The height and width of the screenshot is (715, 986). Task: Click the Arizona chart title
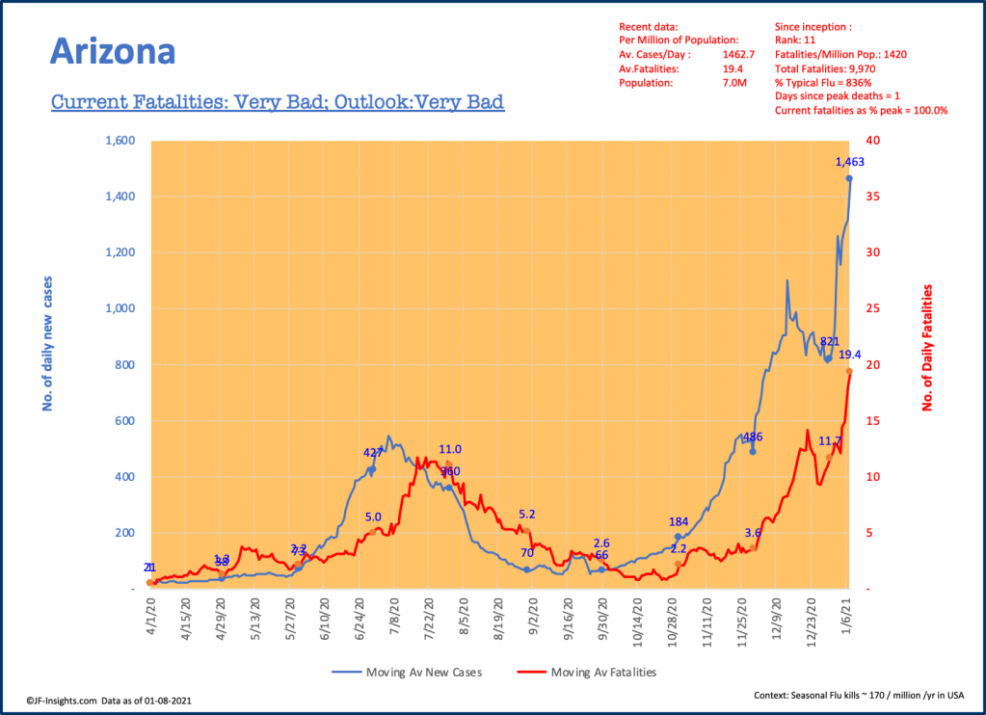point(112,51)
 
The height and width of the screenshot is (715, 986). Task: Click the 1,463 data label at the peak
point(849,162)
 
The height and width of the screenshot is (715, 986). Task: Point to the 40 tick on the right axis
point(873,141)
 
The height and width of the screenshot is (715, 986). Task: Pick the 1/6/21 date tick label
point(849,614)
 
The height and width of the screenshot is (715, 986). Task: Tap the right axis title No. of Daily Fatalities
point(929,348)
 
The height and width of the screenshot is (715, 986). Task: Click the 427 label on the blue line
point(373,453)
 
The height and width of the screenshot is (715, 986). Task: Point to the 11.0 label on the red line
point(450,449)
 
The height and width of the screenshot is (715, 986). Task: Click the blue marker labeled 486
point(753,451)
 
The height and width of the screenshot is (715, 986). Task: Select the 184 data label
point(680,521)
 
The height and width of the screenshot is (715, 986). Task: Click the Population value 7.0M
point(734,83)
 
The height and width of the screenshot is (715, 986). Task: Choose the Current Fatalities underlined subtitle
point(278,101)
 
